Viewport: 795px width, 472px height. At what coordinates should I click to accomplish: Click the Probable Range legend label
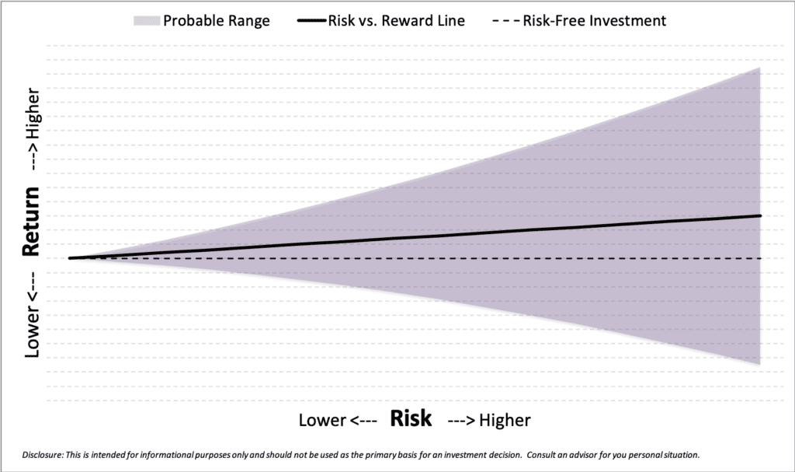(x=217, y=21)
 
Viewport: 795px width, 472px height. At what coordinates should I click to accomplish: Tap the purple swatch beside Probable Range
(x=147, y=21)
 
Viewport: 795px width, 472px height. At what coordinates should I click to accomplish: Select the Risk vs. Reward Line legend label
(x=397, y=21)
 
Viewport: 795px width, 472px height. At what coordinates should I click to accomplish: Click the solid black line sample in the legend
(x=312, y=21)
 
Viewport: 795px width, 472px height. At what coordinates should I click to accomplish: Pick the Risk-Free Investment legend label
(x=594, y=21)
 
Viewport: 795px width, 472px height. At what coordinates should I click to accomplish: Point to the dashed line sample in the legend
(x=506, y=21)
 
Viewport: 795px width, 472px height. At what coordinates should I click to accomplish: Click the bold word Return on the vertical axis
(x=31, y=221)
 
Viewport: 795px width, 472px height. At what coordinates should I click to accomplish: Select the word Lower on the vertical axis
(x=32, y=332)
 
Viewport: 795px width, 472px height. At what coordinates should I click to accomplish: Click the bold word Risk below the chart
(x=411, y=418)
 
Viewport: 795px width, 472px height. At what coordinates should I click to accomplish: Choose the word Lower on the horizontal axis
(x=322, y=420)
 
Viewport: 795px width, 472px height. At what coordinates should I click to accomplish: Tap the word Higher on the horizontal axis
(x=505, y=420)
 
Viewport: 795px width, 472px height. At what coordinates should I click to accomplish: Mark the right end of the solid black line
(x=761, y=215)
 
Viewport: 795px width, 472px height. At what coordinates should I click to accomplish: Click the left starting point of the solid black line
(x=70, y=258)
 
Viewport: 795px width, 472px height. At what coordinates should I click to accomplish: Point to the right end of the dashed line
(x=761, y=259)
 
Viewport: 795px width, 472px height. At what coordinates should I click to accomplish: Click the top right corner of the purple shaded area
(x=760, y=68)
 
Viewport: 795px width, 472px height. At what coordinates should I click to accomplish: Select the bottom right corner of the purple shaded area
(x=760, y=364)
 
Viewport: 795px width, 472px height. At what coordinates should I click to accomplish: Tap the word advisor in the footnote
(x=582, y=455)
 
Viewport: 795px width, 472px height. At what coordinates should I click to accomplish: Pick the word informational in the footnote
(x=165, y=455)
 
